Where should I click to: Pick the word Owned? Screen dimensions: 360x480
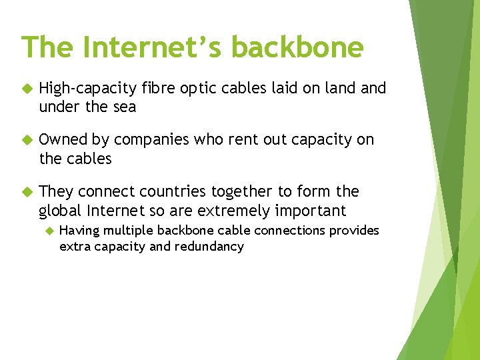tap(63, 140)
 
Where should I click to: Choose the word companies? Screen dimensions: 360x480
tap(151, 140)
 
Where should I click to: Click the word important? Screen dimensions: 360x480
tap(313, 211)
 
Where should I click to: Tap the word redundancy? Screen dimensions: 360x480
tap(209, 247)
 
